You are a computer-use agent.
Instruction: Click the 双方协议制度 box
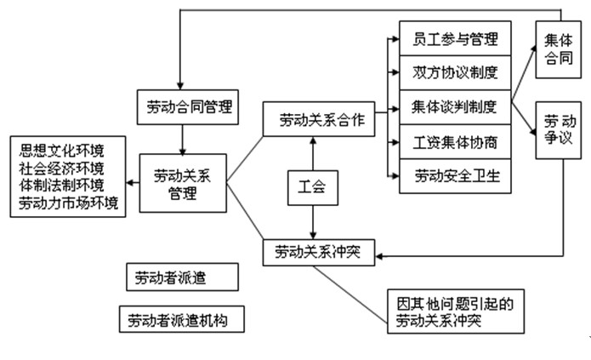pyautogui.click(x=450, y=73)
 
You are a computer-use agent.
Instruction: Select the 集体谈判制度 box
pyautogui.click(x=450, y=107)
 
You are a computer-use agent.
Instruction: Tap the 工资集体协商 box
pyautogui.click(x=450, y=141)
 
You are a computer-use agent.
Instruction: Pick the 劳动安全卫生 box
pyautogui.click(x=450, y=176)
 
